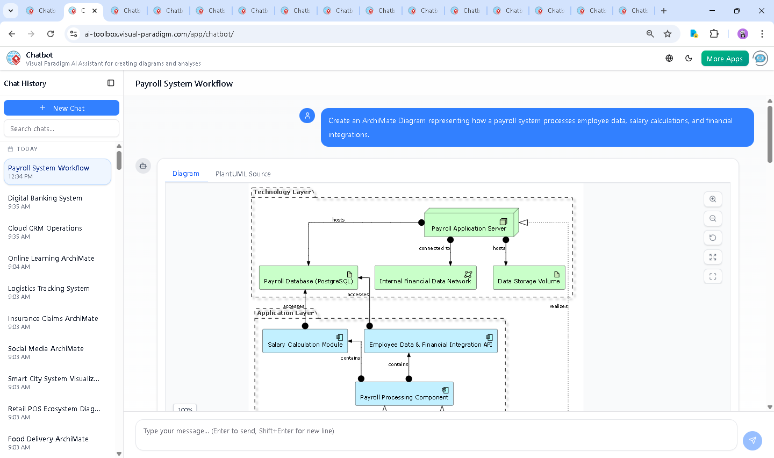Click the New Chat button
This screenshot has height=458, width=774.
(x=61, y=108)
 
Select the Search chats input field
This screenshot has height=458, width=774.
(x=61, y=129)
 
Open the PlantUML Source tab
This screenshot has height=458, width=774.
(x=243, y=174)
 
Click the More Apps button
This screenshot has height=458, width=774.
(x=725, y=59)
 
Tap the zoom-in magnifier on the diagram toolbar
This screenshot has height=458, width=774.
(x=713, y=199)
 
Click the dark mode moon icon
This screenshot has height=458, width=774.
(x=689, y=59)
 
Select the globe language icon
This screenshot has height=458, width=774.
(x=669, y=59)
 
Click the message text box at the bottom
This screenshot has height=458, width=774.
(x=435, y=431)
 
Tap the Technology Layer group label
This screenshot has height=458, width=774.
(x=282, y=192)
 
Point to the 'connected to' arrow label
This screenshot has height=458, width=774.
(x=434, y=248)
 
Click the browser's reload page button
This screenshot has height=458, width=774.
(x=51, y=34)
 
